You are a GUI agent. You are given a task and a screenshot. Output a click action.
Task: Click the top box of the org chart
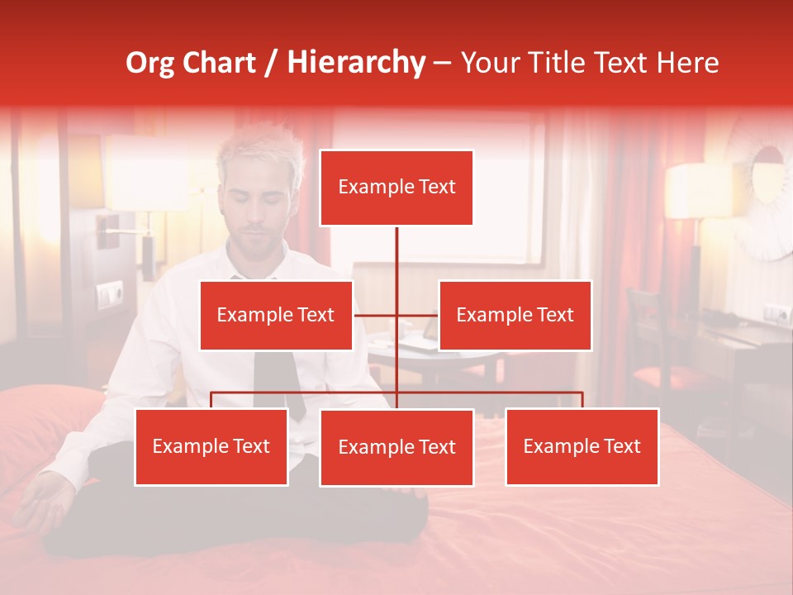click(396, 188)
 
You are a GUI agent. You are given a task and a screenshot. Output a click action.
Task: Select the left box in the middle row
click(276, 315)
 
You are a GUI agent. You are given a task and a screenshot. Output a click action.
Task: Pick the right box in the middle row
click(515, 315)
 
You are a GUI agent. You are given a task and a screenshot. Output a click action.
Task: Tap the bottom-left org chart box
click(211, 446)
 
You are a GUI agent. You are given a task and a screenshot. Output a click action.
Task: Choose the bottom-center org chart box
click(396, 447)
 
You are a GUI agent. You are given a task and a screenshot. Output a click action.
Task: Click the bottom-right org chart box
click(582, 446)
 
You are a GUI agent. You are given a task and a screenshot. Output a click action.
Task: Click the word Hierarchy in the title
click(356, 63)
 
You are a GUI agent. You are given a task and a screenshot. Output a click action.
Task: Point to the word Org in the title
click(151, 63)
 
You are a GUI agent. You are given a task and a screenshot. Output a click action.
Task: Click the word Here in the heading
click(686, 63)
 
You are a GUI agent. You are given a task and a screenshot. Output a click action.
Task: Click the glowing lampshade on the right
click(699, 191)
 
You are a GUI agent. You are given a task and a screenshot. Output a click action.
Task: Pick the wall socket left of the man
click(110, 293)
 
